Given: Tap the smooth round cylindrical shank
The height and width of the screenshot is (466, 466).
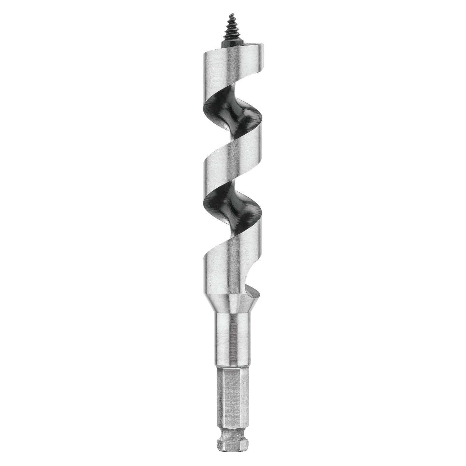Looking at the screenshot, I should [x=231, y=339].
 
